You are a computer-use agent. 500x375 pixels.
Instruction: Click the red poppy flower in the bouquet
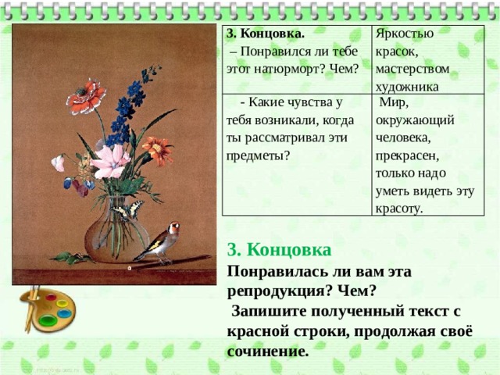click(x=86, y=97)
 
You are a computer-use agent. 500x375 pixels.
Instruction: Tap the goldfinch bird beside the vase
click(x=159, y=243)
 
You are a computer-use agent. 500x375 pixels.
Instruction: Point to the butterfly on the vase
click(x=127, y=210)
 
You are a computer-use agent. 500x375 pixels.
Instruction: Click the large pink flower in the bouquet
click(x=111, y=162)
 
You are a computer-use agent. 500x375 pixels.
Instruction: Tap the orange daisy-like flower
click(x=158, y=151)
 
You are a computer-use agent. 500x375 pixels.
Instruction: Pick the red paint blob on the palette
click(x=51, y=298)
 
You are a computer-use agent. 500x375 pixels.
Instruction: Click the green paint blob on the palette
click(x=48, y=320)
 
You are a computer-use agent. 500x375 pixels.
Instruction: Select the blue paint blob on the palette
click(x=64, y=314)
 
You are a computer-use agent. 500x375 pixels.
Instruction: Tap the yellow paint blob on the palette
click(x=62, y=302)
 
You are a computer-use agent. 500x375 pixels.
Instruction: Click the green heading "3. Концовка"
click(x=280, y=250)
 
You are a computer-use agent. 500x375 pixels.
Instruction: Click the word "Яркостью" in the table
click(x=405, y=34)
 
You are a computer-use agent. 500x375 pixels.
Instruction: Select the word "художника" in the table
click(x=407, y=87)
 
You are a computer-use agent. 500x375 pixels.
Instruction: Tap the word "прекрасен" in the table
click(x=407, y=156)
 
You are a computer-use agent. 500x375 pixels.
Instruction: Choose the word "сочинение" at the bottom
click(x=268, y=352)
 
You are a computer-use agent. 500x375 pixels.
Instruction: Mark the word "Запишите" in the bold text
click(x=269, y=312)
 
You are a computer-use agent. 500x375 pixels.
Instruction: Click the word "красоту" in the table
click(x=399, y=209)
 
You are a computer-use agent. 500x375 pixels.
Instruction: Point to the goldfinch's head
click(x=173, y=227)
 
